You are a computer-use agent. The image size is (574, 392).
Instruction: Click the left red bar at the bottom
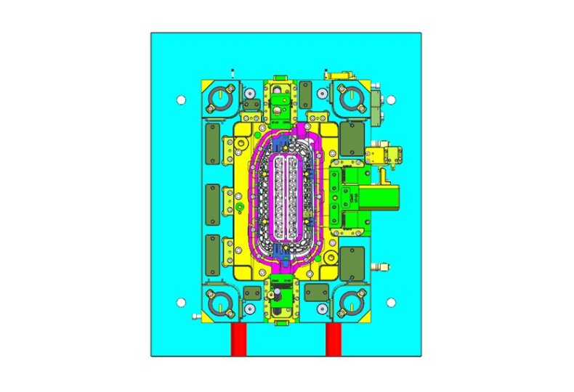point(238,340)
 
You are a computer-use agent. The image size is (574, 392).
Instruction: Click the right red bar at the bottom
point(334,340)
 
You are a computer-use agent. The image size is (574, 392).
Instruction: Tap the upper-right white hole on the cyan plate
point(390,99)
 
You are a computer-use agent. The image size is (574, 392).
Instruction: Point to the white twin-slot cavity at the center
point(285,197)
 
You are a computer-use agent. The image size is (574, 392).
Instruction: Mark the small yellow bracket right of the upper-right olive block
point(382,154)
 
